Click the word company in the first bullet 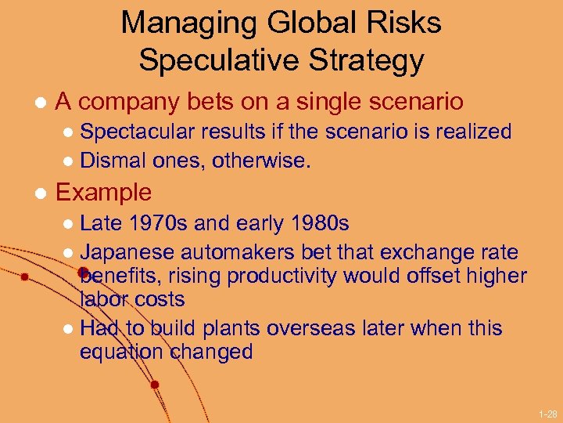pos(131,101)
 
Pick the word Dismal pos(109,161)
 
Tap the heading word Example pos(103,192)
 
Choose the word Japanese pos(127,252)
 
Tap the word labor pos(104,299)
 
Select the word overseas pos(313,327)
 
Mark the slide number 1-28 pos(547,413)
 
